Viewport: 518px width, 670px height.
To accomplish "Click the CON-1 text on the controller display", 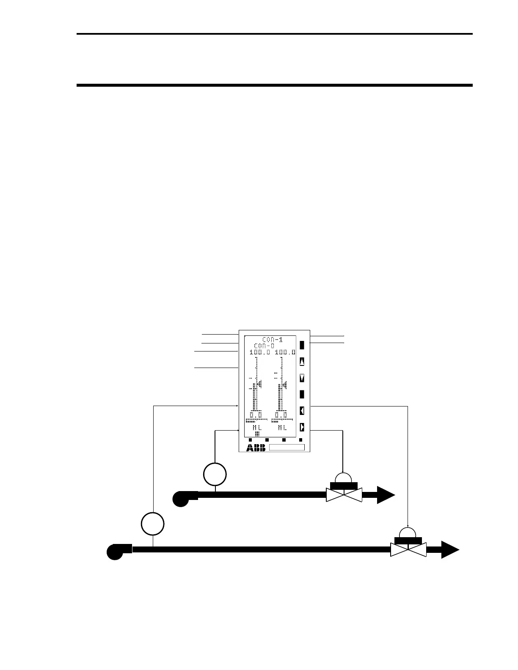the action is click(272, 339).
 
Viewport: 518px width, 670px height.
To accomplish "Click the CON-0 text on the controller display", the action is click(264, 346).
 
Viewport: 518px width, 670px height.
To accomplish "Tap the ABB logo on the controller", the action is click(256, 448).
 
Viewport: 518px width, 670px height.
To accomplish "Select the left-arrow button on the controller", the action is click(302, 410).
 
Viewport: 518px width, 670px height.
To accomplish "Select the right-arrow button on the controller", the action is click(302, 427).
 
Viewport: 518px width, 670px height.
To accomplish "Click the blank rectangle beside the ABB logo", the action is click(287, 448).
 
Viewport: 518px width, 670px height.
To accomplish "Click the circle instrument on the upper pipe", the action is click(215, 475).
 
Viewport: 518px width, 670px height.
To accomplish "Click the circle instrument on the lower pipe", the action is click(153, 524).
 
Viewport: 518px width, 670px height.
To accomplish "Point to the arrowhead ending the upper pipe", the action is click(385, 495).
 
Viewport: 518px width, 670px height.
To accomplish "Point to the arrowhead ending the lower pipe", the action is click(450, 549).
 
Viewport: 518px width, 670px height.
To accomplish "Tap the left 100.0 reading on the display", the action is click(259, 352).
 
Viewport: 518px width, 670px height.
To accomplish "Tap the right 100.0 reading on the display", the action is click(285, 352).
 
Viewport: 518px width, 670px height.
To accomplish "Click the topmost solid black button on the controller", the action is click(302, 345).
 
